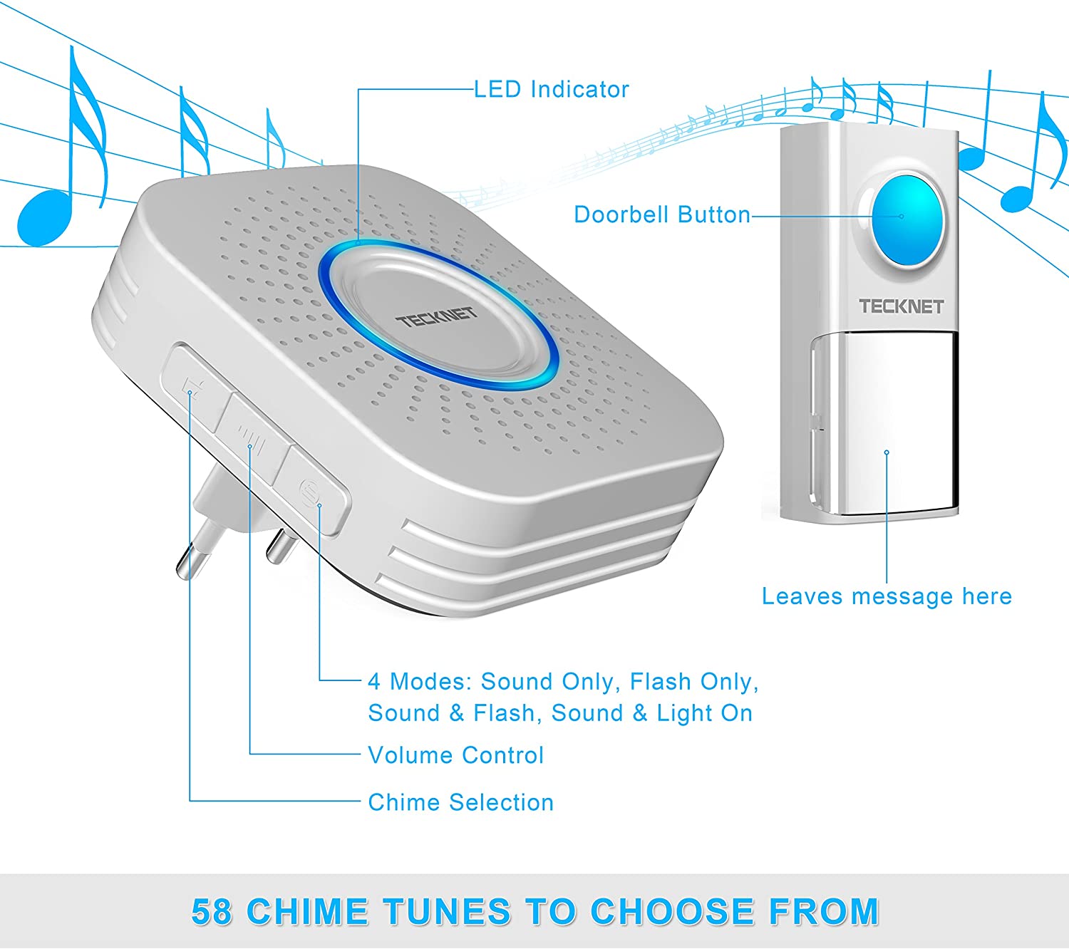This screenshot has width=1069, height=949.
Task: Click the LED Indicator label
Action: tap(551, 90)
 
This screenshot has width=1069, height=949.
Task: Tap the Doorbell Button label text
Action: tap(661, 215)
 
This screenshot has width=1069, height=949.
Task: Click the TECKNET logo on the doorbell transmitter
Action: tap(901, 306)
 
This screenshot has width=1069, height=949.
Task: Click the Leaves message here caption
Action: tap(887, 596)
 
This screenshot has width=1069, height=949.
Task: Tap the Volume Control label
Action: tap(455, 755)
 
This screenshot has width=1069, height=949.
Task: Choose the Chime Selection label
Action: tap(460, 803)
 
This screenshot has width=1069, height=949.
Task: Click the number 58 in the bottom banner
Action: tap(211, 912)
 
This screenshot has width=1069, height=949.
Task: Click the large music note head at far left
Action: tap(44, 218)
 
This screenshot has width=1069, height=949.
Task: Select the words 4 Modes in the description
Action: tap(419, 682)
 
